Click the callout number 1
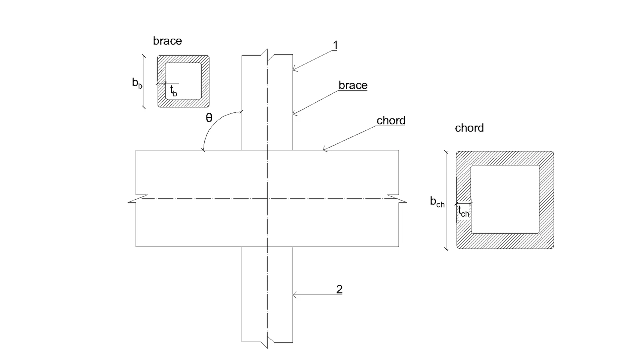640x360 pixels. click(x=336, y=46)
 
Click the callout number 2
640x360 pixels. click(x=340, y=290)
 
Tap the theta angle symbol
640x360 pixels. click(x=209, y=118)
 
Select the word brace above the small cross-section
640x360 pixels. click(x=168, y=41)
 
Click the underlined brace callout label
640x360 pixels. click(x=353, y=85)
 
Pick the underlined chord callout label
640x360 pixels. click(x=391, y=120)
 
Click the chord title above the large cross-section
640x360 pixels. click(x=469, y=128)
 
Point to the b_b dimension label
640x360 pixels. click(x=137, y=83)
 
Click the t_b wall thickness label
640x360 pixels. click(x=174, y=90)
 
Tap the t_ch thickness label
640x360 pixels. click(x=464, y=212)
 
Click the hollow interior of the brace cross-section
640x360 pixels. click(x=183, y=81)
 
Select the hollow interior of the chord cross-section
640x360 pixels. click(x=505, y=200)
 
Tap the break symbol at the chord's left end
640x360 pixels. click(x=138, y=198)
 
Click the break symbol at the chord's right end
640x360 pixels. click(x=397, y=198)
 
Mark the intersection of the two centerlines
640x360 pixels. click(x=268, y=198)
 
